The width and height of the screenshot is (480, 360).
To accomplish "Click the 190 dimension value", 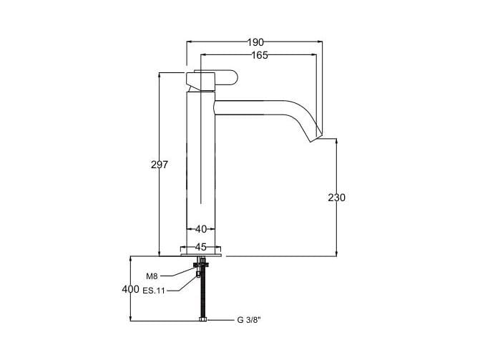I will [255, 42].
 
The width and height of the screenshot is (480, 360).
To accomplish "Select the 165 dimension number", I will [260, 56].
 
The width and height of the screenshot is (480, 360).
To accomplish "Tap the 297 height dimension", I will [160, 165].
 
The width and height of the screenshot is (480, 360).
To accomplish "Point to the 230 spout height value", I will [336, 198].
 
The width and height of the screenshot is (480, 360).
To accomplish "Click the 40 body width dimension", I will [201, 229].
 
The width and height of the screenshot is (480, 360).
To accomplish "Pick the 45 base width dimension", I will [201, 246].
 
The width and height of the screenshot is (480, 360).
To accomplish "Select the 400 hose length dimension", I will [130, 289].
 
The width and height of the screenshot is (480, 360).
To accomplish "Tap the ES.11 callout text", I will [154, 291].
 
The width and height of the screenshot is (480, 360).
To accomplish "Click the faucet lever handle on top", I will [215, 77].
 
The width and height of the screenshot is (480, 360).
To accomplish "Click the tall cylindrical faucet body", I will [201, 165].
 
